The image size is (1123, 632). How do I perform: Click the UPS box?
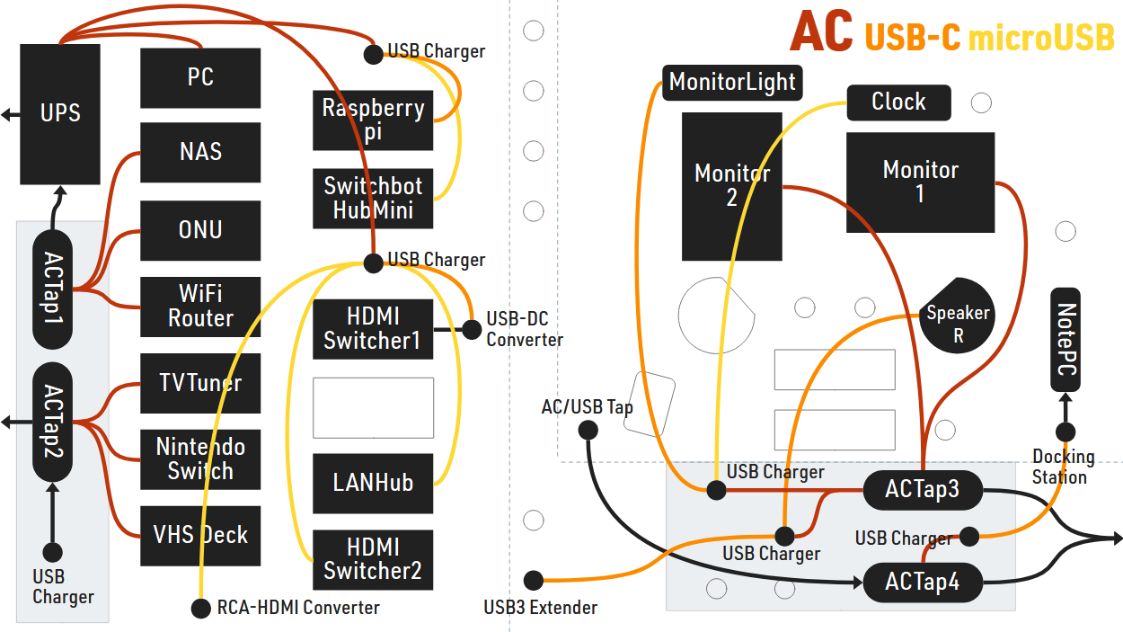click(x=60, y=114)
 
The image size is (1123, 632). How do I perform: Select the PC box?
click(x=200, y=78)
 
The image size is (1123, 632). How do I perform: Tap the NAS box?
click(x=200, y=152)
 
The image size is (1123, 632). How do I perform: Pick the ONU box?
click(x=200, y=231)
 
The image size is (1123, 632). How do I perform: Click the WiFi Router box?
click(x=200, y=307)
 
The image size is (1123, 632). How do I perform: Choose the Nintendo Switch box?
click(x=200, y=459)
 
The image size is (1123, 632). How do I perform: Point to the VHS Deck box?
click(x=200, y=536)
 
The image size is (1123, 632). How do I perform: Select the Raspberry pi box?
click(x=373, y=120)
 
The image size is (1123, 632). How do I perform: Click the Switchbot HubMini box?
click(x=373, y=198)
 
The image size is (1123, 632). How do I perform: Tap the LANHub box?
click(x=373, y=484)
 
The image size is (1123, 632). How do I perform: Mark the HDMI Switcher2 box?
click(x=373, y=559)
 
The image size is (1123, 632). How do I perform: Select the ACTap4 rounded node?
click(x=922, y=583)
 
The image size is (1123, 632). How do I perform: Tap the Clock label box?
click(x=898, y=102)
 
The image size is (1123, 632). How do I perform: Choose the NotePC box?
click(x=1066, y=340)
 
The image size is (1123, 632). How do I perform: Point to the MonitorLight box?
click(x=732, y=83)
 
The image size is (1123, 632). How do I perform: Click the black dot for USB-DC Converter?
click(x=472, y=328)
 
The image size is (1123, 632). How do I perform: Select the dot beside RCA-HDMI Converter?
click(x=201, y=609)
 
